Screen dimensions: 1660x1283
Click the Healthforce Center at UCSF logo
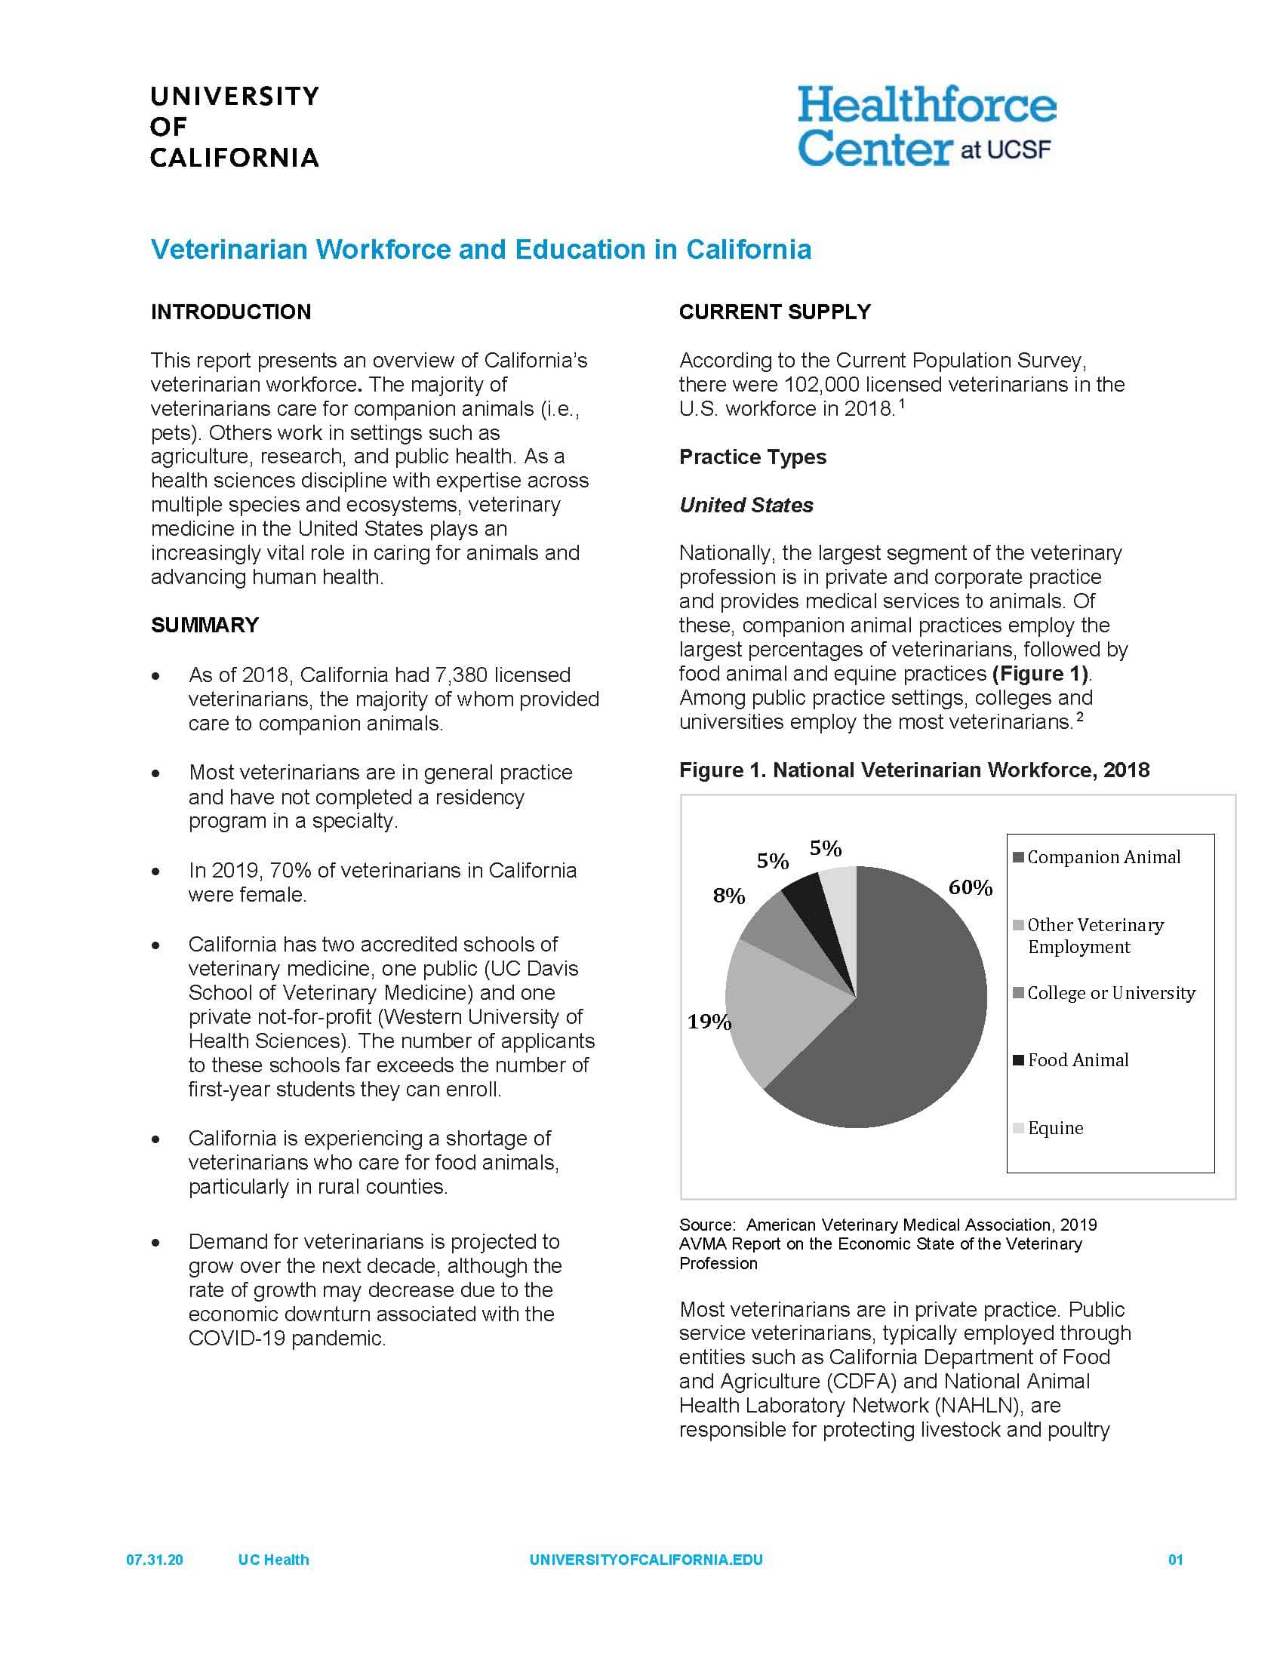(x=926, y=126)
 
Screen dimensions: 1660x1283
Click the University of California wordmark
(x=234, y=127)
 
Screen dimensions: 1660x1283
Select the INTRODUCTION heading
(x=231, y=312)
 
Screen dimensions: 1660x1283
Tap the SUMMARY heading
(x=205, y=625)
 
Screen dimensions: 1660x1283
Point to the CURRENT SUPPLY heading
(x=774, y=312)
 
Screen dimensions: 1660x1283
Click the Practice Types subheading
(x=752, y=456)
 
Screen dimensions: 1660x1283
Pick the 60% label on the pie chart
(x=971, y=888)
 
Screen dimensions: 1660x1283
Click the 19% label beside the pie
(x=709, y=1022)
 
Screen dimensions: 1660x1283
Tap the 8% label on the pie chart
(x=728, y=897)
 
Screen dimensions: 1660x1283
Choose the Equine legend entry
(x=1055, y=1128)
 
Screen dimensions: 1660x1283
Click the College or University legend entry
(x=1110, y=994)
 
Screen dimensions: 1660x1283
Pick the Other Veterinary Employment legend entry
(x=1094, y=936)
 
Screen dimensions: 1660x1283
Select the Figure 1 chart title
(x=914, y=770)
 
